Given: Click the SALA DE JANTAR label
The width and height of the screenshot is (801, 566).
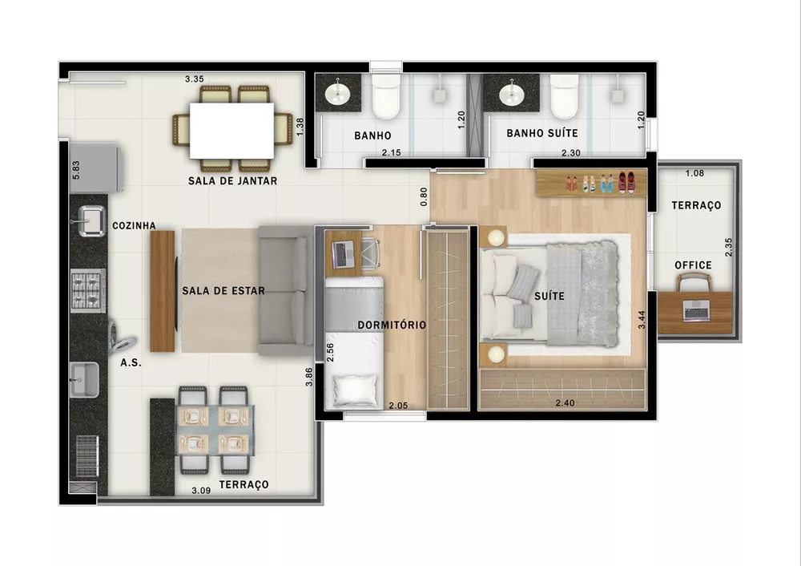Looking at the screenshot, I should pos(232,181).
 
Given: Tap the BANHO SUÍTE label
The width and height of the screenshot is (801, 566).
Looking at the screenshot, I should pos(541,133).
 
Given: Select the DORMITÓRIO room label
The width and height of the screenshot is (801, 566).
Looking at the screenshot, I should pos(392,325).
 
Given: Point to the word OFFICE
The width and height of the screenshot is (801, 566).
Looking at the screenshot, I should pos(693,265).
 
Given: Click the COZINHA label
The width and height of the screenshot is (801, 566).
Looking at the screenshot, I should pos(134,226).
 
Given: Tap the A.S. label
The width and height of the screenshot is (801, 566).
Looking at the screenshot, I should pos(131,362).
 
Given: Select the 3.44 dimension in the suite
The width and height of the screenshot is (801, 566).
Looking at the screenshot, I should pos(641,321).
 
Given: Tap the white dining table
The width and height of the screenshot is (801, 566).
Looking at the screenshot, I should pos(231,131).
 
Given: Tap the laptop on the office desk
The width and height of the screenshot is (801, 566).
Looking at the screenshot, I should pos(695,309).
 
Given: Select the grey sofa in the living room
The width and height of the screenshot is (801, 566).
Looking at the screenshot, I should pos(286,290).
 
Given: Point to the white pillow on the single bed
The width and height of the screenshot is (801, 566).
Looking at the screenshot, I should pos(356,390).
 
